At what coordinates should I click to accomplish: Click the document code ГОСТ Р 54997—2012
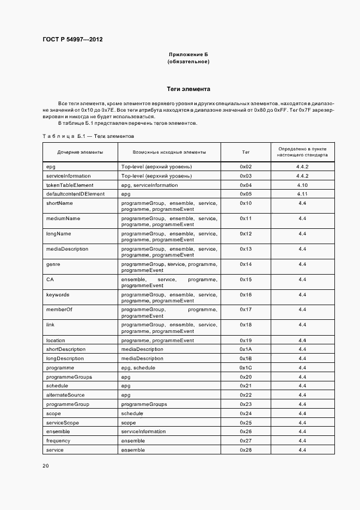[x=72, y=40]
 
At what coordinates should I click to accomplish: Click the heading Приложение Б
[x=188, y=54]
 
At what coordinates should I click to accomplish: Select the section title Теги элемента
[x=188, y=89]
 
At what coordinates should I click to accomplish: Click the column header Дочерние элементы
[x=80, y=152]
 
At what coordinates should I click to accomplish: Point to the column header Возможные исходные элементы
[x=169, y=152]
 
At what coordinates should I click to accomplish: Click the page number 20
[x=46, y=466]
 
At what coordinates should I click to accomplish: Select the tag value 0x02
[x=245, y=166]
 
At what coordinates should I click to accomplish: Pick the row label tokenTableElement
[x=66, y=185]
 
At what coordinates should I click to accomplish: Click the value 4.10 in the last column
[x=302, y=185]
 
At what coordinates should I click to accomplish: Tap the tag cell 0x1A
[x=245, y=349]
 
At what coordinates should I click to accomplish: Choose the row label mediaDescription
[x=67, y=249]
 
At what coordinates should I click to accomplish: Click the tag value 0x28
[x=245, y=450]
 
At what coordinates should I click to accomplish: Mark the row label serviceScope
[x=63, y=423]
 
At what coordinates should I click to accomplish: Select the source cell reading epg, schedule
[x=138, y=368]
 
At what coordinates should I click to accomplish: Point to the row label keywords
[x=58, y=295]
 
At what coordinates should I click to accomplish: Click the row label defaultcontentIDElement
[x=75, y=194]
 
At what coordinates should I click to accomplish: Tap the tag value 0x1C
[x=245, y=368]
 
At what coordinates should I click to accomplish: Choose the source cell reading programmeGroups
[x=144, y=404]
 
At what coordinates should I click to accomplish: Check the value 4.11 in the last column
[x=302, y=194]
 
